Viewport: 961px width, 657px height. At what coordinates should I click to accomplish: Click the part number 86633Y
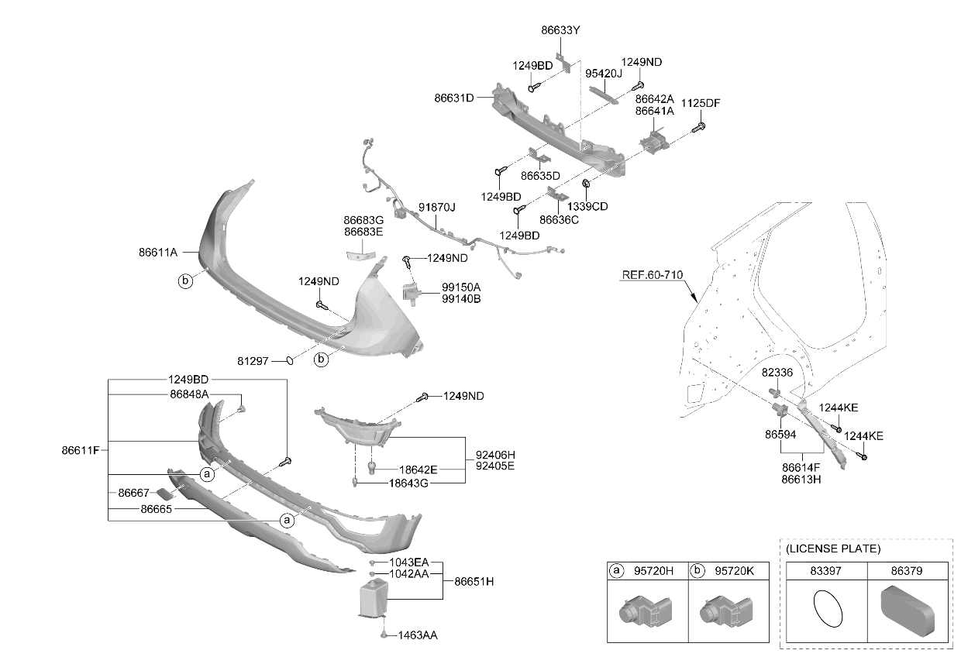[560, 30]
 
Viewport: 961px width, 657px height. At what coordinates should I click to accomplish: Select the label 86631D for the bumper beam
[454, 98]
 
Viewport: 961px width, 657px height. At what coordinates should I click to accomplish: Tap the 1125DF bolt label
[701, 103]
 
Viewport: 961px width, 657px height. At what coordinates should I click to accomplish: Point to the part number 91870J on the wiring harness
[437, 208]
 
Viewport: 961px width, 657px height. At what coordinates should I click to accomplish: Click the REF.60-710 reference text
[653, 275]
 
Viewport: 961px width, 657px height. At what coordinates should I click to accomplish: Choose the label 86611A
[158, 252]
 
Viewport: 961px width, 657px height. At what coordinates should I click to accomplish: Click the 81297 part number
[253, 361]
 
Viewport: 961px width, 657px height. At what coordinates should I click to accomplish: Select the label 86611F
[81, 450]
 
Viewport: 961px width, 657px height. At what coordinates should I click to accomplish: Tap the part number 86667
[133, 493]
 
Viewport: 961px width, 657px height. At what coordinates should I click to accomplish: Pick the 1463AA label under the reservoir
[418, 635]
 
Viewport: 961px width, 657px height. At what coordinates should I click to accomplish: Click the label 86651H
[474, 582]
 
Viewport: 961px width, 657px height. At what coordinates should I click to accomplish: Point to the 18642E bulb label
[418, 470]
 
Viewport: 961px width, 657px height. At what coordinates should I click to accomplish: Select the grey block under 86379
[907, 610]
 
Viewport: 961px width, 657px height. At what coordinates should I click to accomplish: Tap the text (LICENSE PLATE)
[833, 549]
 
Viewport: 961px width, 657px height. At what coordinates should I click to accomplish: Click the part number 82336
[777, 373]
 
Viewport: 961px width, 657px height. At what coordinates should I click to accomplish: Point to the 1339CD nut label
[587, 207]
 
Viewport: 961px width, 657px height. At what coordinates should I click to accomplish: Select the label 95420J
[604, 74]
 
